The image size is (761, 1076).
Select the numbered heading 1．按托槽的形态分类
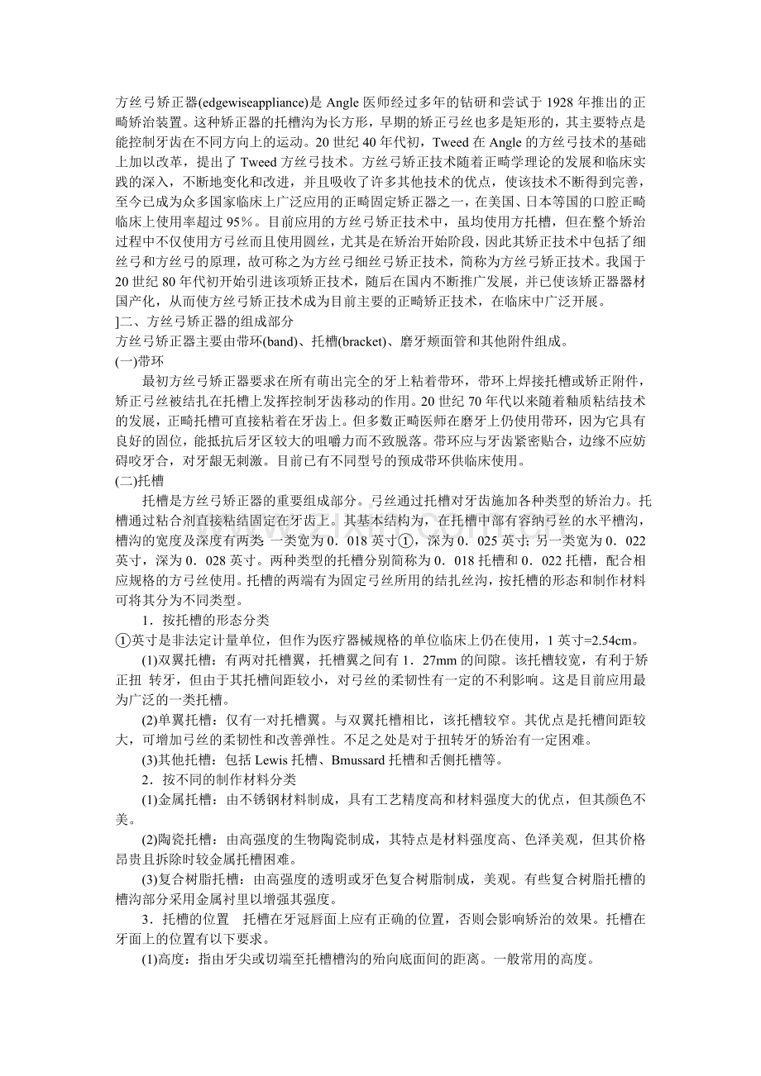coord(205,619)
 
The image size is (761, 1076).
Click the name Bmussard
coord(360,758)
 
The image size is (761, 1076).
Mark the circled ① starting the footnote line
coord(122,639)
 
